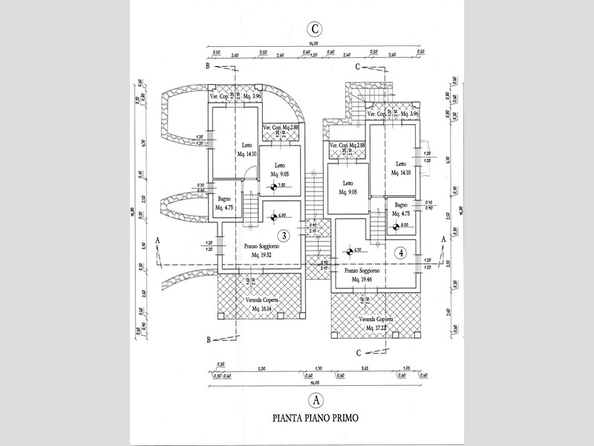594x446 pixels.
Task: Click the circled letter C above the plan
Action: (x=316, y=30)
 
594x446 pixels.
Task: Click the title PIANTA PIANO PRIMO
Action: (x=316, y=418)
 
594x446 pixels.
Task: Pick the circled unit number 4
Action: (x=401, y=252)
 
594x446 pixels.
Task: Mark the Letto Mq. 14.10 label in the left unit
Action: (x=247, y=149)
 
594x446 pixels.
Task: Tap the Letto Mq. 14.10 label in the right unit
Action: (x=401, y=169)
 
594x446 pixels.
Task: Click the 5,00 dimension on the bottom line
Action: (x=262, y=369)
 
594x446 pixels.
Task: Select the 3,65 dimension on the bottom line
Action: (x=365, y=369)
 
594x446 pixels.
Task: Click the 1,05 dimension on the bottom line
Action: (x=405, y=369)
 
